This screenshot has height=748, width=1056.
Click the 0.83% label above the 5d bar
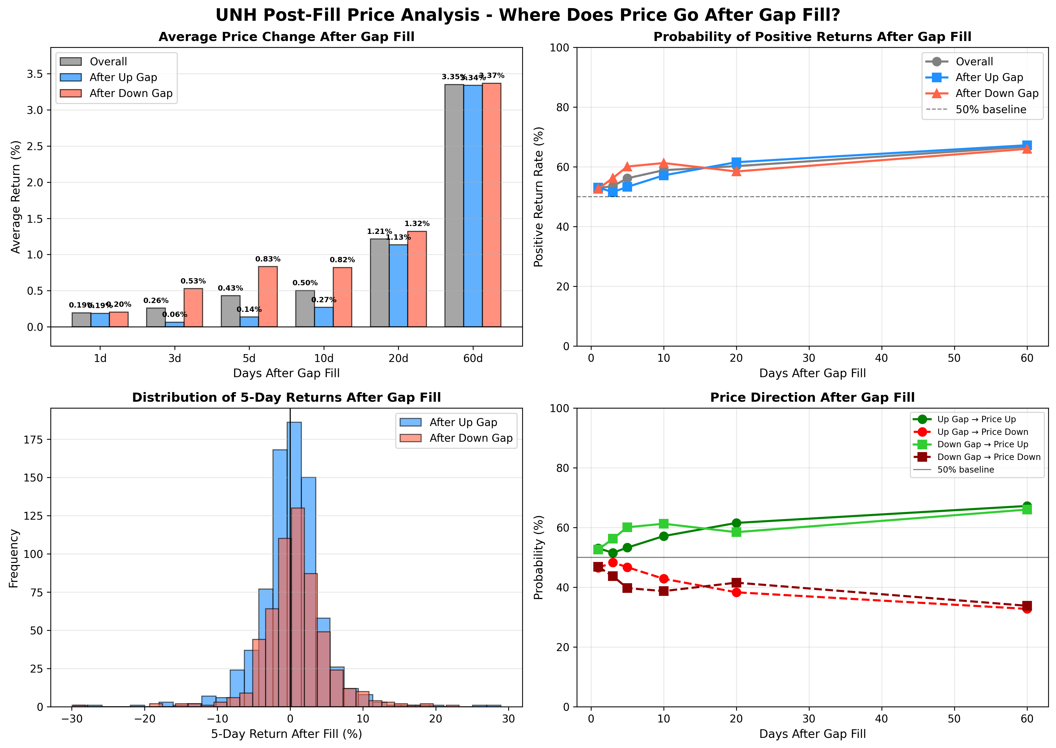coord(268,259)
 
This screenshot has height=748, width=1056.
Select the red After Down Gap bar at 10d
coord(342,297)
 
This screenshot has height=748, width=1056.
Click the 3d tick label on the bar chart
coord(175,358)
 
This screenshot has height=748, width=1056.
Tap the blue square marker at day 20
coord(736,162)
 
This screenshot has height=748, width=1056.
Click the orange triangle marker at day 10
coord(663,164)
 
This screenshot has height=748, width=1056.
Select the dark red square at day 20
coord(736,583)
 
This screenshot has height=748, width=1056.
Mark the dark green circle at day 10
coord(663,536)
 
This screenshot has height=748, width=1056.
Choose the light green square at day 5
coord(627,527)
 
